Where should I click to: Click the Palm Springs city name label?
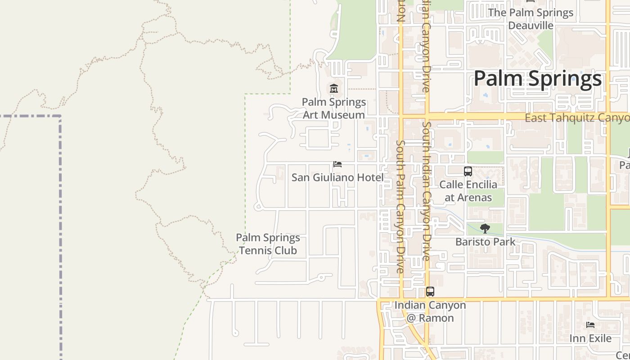coord(537,79)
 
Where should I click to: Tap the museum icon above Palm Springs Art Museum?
coord(334,88)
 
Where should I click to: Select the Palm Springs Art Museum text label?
coord(334,108)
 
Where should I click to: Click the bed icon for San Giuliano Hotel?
coord(337,164)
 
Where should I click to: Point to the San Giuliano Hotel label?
coord(337,177)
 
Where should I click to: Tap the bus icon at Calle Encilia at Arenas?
coord(468,171)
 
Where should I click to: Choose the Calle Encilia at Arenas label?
coord(468,191)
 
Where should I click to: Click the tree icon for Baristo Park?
coord(485,229)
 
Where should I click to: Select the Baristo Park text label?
coord(485,242)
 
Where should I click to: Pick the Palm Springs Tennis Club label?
coord(268,244)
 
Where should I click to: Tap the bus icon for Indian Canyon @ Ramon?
coord(430,292)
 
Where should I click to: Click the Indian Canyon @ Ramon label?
coord(430,311)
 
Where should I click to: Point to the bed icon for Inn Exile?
coord(590,325)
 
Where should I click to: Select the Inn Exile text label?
coord(590,338)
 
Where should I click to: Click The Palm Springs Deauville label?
coord(531,19)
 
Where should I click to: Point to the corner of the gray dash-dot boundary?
coord(60,116)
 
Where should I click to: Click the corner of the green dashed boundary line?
coord(245,94)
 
